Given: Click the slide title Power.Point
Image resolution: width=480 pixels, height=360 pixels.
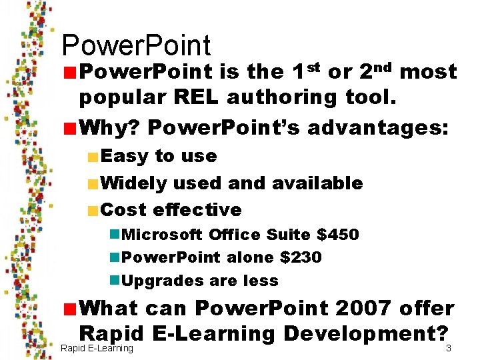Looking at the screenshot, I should tap(136, 45).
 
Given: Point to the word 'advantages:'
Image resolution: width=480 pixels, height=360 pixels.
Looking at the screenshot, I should tap(389, 126).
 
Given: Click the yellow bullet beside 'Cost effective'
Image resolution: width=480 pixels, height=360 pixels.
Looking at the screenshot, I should tap(93, 211).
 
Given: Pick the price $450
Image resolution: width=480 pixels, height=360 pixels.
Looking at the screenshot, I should tap(337, 235).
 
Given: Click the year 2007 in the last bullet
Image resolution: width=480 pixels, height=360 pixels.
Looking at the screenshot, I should tap(370, 309).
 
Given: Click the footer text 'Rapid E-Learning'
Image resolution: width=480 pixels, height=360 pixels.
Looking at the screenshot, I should tap(97, 349).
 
